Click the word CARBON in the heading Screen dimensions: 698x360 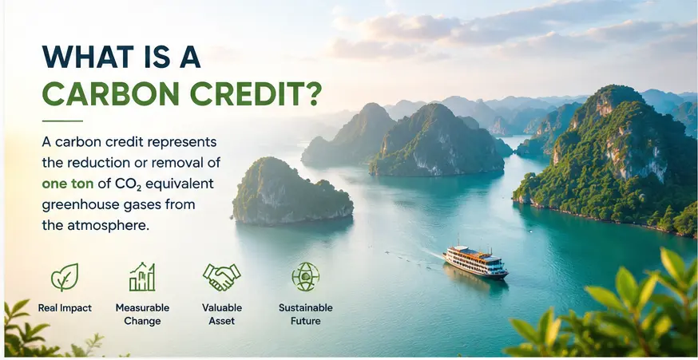pos(110,93)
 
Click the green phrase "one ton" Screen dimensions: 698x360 pos(68,184)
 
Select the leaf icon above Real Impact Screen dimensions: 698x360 pos(65,277)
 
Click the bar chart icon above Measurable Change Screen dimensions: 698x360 pos(142,277)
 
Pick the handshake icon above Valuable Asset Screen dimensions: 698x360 pos(222,277)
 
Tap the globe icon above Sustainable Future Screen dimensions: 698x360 pos(305,277)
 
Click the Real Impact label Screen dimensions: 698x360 pos(65,308)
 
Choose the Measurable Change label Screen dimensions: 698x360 pos(142,315)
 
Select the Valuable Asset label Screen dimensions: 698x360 pos(222,315)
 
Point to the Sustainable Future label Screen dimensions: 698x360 pos(306,315)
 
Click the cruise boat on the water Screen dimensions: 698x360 pos(475,263)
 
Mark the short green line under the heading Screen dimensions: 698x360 pos(62,121)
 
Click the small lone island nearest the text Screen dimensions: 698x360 pos(292,192)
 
